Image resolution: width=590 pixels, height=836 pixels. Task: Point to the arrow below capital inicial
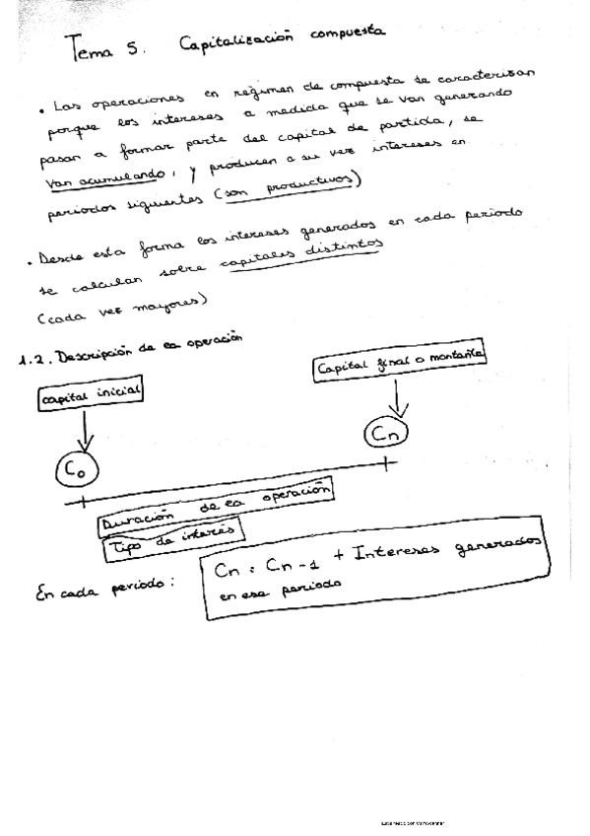pos(86,429)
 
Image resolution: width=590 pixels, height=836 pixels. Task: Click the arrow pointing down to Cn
pos(396,398)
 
